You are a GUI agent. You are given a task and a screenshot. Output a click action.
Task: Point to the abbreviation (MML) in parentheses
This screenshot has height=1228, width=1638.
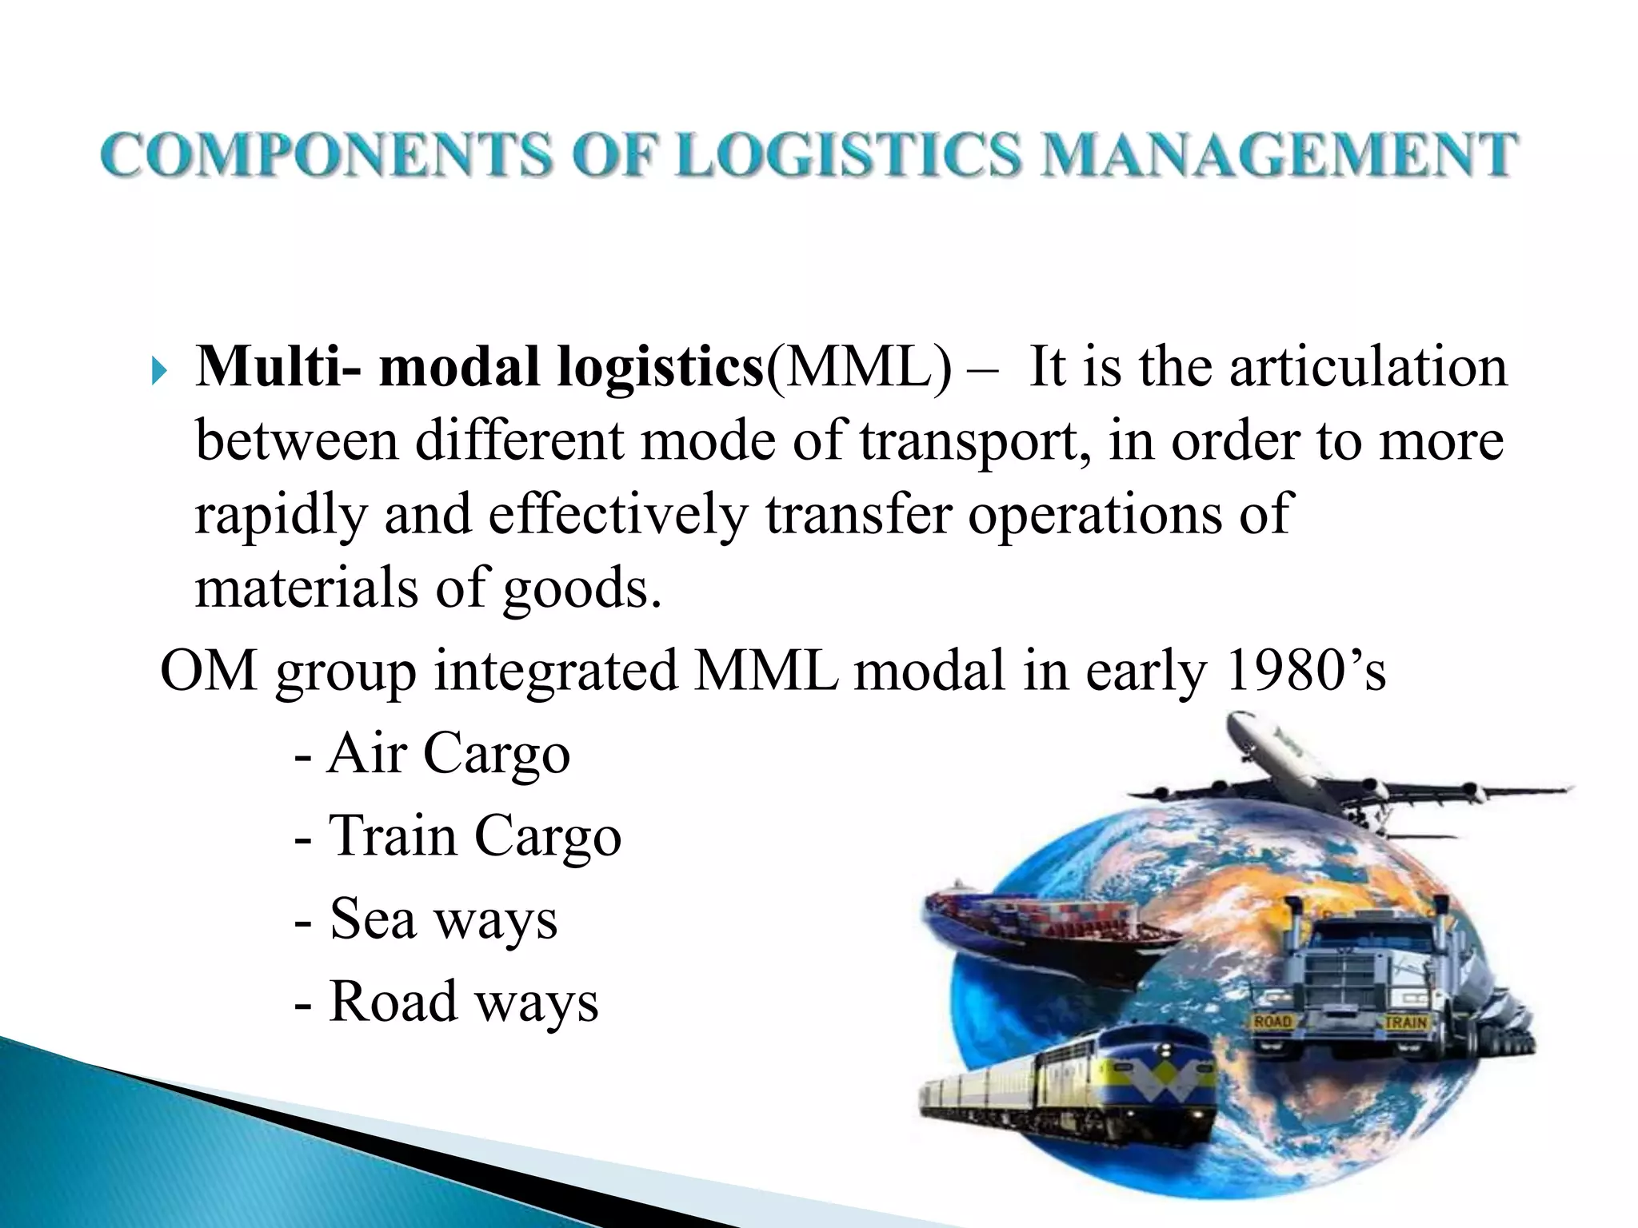point(858,368)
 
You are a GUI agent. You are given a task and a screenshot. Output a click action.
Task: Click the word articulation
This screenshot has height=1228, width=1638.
point(1368,368)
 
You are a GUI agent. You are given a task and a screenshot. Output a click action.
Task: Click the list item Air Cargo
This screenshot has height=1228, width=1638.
point(448,753)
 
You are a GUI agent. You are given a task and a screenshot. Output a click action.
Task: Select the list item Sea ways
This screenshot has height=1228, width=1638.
point(442,919)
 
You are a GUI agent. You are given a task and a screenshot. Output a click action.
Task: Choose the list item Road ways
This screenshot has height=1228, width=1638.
point(463,1001)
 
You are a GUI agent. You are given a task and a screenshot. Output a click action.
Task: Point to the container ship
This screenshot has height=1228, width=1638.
point(1040,919)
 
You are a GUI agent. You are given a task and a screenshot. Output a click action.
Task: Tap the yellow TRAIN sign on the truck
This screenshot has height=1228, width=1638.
point(1404,1022)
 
